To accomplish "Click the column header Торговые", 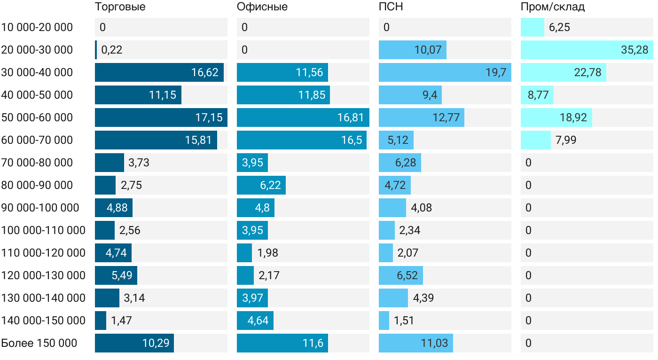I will pyautogui.click(x=120, y=7).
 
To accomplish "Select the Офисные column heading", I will pyautogui.click(x=262, y=7).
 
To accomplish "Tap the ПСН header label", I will pyautogui.click(x=391, y=7).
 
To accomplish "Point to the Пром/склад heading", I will pyautogui.click(x=553, y=7).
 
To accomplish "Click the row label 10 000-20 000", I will pyautogui.click(x=37, y=27).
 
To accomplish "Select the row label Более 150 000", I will pyautogui.click(x=39, y=343).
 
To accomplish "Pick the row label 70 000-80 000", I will pyautogui.click(x=37, y=163).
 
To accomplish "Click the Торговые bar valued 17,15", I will pyautogui.click(x=161, y=117).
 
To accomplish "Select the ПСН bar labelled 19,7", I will pyautogui.click(x=445, y=72).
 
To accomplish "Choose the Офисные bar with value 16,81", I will pyautogui.click(x=303, y=117).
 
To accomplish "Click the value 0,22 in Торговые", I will pyautogui.click(x=112, y=50).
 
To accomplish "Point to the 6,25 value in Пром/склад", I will pyautogui.click(x=559, y=27).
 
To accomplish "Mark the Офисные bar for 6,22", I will pyautogui.click(x=261, y=185).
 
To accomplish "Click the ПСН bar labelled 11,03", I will pyautogui.click(x=415, y=343).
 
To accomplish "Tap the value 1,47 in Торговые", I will pyautogui.click(x=121, y=321).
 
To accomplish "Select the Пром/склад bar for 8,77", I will pyautogui.click(x=537, y=95).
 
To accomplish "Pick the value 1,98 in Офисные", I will pyautogui.click(x=267, y=253).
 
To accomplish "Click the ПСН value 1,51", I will pyautogui.click(x=404, y=321).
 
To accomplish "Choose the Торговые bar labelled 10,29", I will pyautogui.click(x=134, y=343).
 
